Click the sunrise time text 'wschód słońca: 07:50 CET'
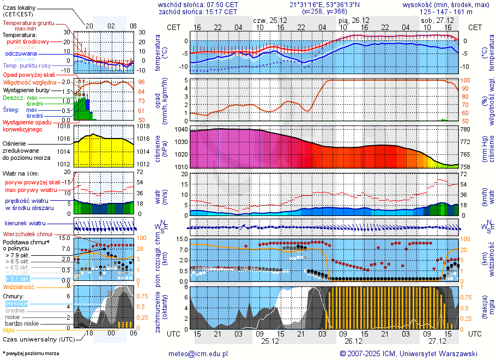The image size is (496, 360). (198, 4)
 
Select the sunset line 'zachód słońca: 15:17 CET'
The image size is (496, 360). (198, 11)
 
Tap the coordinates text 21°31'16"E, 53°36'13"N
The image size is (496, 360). (324, 4)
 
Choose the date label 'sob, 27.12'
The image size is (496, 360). (433, 20)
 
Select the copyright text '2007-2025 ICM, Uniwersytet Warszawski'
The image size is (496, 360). (412, 353)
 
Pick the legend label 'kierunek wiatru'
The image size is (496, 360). (26, 224)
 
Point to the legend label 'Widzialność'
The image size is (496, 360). (19, 286)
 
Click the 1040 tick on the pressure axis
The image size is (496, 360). (181, 130)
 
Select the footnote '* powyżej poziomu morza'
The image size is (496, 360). (31, 353)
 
